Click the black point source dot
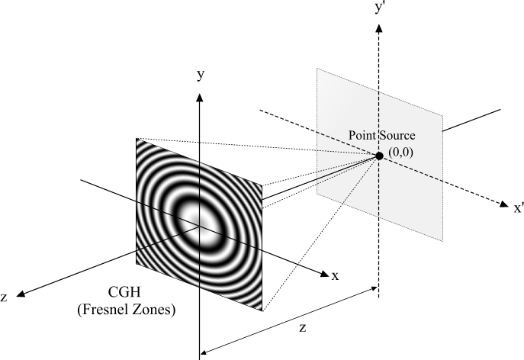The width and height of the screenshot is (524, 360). click(378, 156)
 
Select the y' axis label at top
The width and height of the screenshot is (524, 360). click(379, 8)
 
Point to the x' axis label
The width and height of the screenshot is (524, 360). click(518, 207)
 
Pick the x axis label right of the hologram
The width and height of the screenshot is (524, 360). click(335, 275)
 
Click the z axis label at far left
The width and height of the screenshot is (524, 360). click(5, 298)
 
